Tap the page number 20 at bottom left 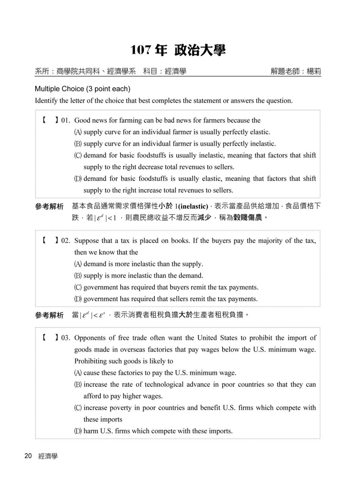[28, 456]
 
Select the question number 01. [66, 121]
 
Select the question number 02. [66, 241]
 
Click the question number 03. [66, 338]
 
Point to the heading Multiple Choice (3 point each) [82, 89]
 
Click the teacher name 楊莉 [314, 71]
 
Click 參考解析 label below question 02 [49, 315]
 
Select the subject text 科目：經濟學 [165, 71]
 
